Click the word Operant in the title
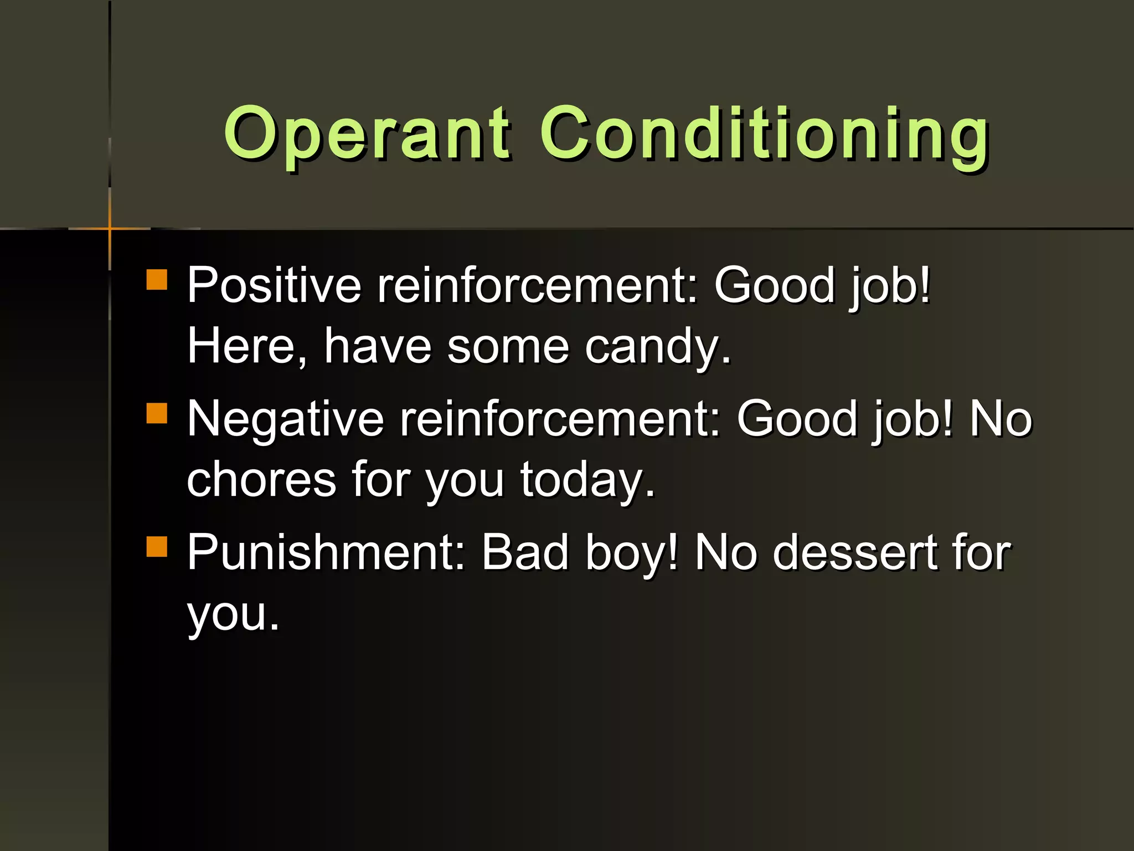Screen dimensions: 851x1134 pos(365,133)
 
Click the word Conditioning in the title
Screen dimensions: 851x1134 pos(764,133)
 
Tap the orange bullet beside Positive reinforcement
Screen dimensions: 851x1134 pos(157,280)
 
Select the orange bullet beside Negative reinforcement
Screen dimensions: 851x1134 pos(157,413)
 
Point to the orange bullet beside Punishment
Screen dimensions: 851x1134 pos(157,546)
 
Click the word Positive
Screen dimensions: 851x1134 pos(274,285)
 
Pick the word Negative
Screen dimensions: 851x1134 pos(285,419)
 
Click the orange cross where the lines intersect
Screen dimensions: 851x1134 pos(110,228)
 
